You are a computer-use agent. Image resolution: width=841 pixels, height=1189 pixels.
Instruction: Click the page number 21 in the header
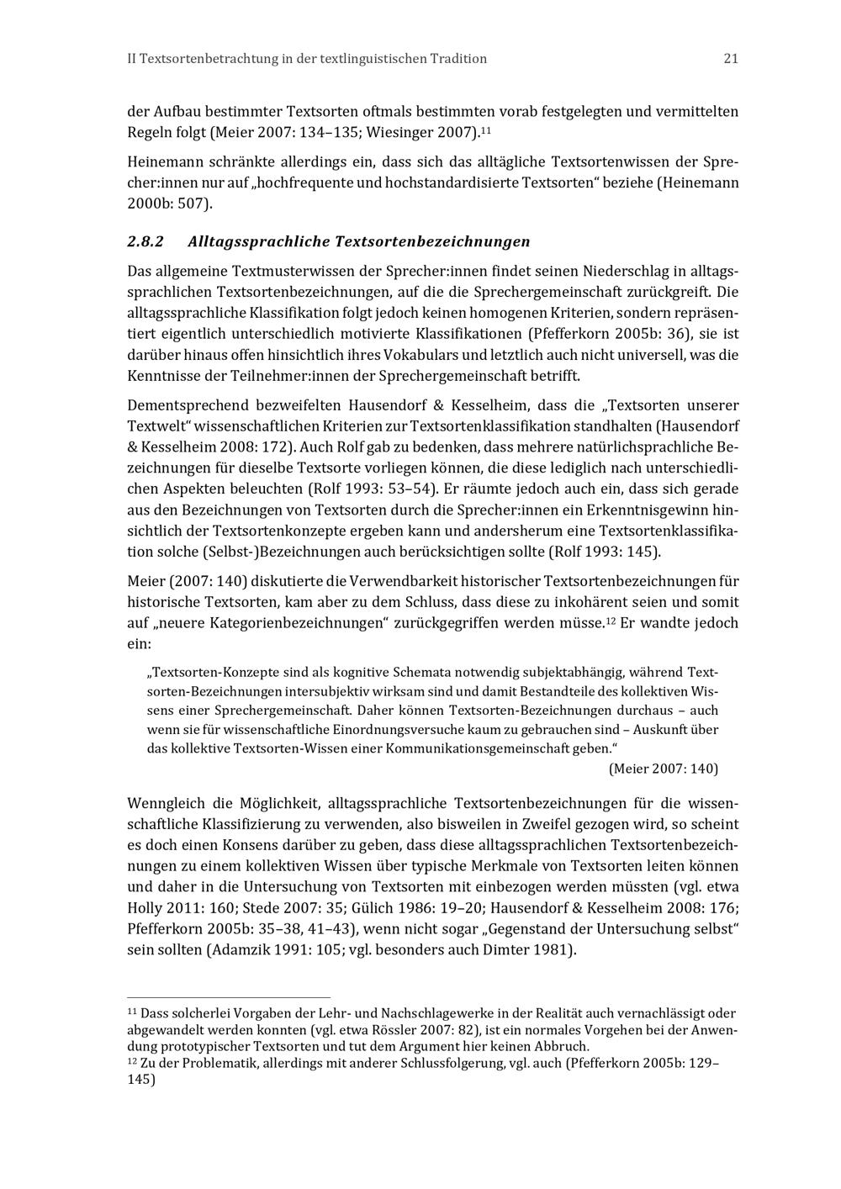730,59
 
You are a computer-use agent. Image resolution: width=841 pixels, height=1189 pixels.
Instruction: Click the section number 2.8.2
145,242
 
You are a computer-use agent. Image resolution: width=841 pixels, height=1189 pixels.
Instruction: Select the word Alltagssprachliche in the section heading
257,242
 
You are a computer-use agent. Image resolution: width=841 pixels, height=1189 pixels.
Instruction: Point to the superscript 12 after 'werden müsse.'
611,620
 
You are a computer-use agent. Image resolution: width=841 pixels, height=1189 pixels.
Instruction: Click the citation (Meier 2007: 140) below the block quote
663,769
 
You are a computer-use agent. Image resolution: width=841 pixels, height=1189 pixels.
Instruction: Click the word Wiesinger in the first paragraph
399,132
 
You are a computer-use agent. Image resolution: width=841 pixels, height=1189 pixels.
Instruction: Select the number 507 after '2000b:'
193,204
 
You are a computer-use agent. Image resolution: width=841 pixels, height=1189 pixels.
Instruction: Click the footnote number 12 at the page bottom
131,1061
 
